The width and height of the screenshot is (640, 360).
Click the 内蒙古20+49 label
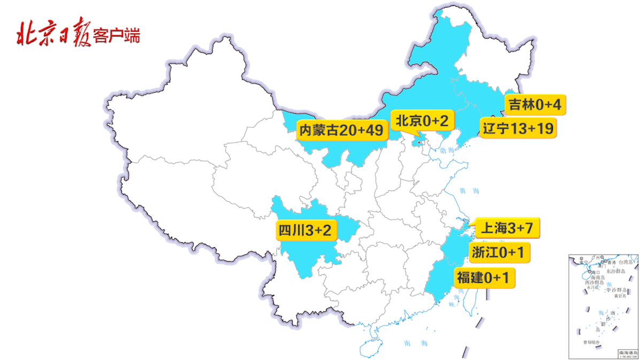pos(343,131)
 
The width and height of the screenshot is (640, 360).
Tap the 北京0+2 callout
pos(421,121)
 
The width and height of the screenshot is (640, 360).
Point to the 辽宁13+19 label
pos(517,128)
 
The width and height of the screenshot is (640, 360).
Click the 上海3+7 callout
pos(507,228)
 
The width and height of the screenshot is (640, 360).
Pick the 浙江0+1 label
pos(498,252)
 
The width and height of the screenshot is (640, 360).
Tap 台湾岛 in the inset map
pos(625,263)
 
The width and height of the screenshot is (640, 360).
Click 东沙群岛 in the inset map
pos(616,271)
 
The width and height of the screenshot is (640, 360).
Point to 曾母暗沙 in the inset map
pos(591,342)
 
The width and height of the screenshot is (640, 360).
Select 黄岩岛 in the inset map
pos(620,295)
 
